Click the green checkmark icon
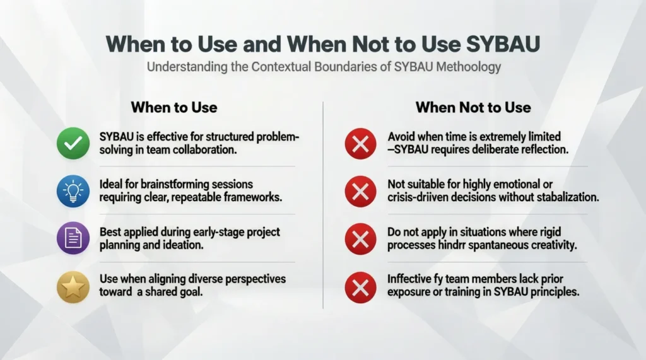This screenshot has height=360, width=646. tap(73, 143)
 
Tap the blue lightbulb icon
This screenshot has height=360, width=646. tap(73, 191)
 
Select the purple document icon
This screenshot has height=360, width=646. tap(73, 240)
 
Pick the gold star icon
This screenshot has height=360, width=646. tap(73, 287)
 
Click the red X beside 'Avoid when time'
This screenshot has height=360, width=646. tap(360, 143)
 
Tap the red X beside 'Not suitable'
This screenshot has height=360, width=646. tap(360, 191)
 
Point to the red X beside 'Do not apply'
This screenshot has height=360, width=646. tap(360, 240)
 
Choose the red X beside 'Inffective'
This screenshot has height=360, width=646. tap(360, 287)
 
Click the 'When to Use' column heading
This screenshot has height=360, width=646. tap(173, 107)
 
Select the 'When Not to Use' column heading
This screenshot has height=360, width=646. tap(473, 107)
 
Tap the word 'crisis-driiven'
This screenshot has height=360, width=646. tap(421, 197)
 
